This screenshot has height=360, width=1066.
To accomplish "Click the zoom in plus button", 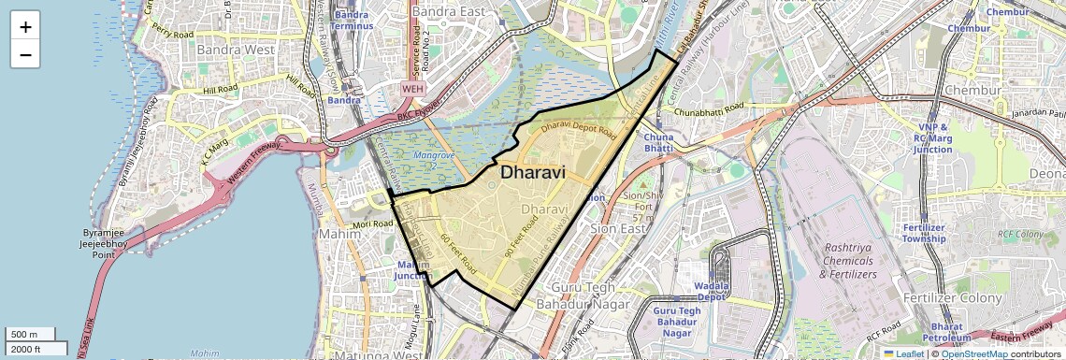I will point(25,26).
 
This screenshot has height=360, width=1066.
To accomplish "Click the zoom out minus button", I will point(25,54).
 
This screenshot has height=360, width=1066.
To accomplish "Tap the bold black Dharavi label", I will point(540,172).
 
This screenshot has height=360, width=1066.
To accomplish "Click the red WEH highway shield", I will point(412,88).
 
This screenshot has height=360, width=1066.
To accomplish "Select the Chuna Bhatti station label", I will point(658,142).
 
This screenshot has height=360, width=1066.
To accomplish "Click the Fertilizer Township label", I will point(924,233).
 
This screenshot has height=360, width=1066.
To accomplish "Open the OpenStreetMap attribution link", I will point(973,353).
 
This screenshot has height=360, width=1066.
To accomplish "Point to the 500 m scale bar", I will point(32,335).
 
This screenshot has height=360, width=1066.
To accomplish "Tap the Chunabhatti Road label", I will point(710,111).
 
